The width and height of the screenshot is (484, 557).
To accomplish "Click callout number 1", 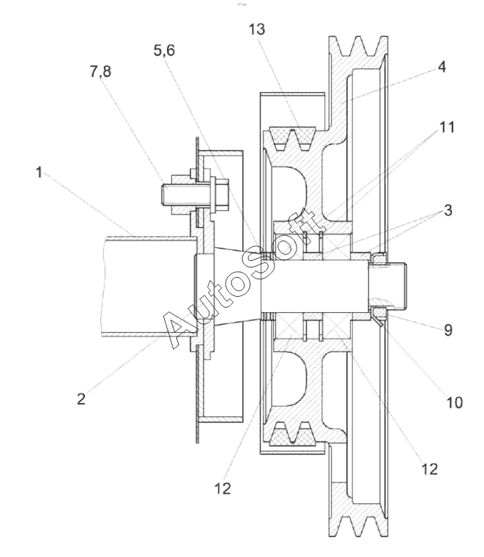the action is pyautogui.click(x=39, y=173).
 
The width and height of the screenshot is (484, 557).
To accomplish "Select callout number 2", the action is pyautogui.click(x=81, y=399).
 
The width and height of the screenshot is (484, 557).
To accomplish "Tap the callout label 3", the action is pyautogui.click(x=448, y=210).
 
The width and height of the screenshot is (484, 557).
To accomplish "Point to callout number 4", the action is pyautogui.click(x=442, y=67).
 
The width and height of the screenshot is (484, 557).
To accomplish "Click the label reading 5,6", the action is pyautogui.click(x=164, y=51).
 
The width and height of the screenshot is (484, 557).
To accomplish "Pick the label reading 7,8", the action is pyautogui.click(x=100, y=71).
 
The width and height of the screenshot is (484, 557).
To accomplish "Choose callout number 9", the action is pyautogui.click(x=448, y=330).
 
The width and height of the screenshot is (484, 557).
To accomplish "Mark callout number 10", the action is pyautogui.click(x=454, y=402).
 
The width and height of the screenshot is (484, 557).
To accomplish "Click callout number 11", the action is pyautogui.click(x=447, y=127).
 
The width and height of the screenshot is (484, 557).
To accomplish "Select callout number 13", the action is pyautogui.click(x=256, y=29).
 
